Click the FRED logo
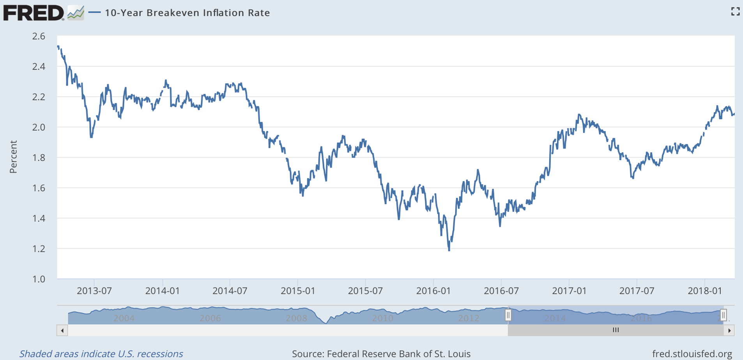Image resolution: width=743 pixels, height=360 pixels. pos(34,12)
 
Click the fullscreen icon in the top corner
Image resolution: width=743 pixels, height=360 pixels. pos(735,12)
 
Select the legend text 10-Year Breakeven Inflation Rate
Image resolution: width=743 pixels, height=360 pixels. pos(187,13)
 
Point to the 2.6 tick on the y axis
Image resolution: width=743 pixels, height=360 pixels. pos(39,36)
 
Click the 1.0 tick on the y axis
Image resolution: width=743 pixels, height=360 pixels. pos(39,279)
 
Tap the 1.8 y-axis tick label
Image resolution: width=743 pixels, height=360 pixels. pos(39,157)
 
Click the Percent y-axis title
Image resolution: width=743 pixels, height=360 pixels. pos(13,157)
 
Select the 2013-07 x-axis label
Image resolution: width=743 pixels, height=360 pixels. pos(94,291)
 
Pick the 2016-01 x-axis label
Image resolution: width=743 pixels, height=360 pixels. pos(433,291)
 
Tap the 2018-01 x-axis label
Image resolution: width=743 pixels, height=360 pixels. pos(705,291)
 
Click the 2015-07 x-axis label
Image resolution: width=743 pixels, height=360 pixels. pos(365,291)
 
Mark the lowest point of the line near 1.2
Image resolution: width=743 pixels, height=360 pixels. pos(449,250)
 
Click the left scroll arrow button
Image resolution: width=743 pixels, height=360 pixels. pos(62,331)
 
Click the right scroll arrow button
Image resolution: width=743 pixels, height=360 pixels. pos(729,331)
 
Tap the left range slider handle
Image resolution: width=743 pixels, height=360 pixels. pos(508,315)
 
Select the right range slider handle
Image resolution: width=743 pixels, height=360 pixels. pos(724,315)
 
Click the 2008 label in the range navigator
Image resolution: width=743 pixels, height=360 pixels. pos(296,318)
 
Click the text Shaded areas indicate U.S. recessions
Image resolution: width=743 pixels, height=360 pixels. pos(101,354)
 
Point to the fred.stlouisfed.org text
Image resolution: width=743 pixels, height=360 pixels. pos(692,354)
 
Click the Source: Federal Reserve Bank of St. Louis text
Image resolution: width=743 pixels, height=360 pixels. pos(381,354)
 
